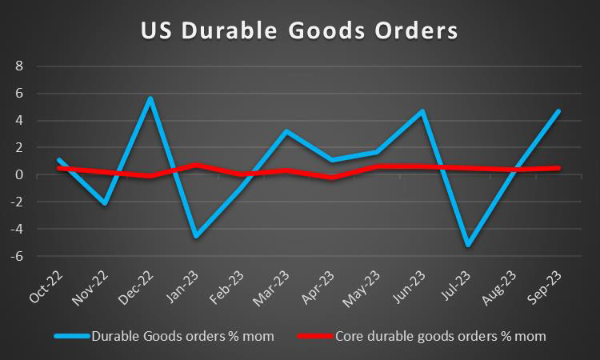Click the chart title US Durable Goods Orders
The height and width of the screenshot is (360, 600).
pyautogui.click(x=300, y=31)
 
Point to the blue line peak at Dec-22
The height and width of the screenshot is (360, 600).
pyautogui.click(x=150, y=98)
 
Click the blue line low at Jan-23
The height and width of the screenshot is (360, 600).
pyautogui.click(x=196, y=236)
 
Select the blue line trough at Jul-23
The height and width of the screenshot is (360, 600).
pyautogui.click(x=467, y=245)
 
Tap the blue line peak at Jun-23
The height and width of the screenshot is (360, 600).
pyautogui.click(x=422, y=111)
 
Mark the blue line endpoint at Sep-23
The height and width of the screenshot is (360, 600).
pyautogui.click(x=558, y=111)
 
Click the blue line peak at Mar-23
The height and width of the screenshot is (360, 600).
pyautogui.click(x=286, y=131)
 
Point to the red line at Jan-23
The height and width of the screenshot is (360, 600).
pyautogui.click(x=196, y=165)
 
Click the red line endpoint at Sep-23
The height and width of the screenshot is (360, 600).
pyautogui.click(x=558, y=168)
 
